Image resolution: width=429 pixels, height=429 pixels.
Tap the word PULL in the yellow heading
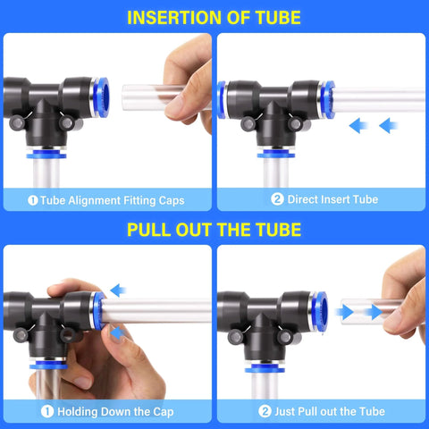[x=153, y=230]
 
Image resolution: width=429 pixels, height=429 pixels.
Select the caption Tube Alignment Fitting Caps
[x=113, y=199]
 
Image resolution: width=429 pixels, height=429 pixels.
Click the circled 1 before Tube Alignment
[x=32, y=199]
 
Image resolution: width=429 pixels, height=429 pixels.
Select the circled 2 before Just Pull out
[x=265, y=411]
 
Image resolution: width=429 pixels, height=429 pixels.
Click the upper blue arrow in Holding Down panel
[x=119, y=290]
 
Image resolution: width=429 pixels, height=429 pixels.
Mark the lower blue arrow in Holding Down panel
[x=119, y=332]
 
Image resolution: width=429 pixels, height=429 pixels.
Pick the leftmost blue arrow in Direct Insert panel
[x=359, y=125]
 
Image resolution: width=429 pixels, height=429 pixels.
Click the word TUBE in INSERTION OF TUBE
[x=274, y=17]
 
